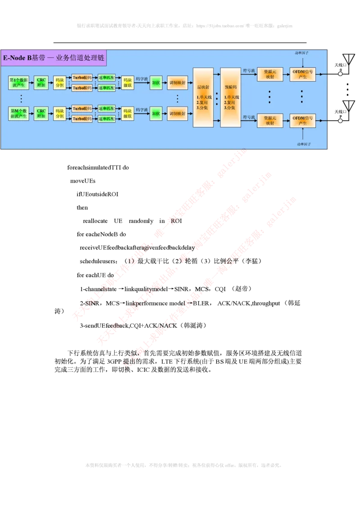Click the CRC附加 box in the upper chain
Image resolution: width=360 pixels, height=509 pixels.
point(41,83)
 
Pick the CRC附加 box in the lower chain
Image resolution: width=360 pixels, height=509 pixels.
point(41,114)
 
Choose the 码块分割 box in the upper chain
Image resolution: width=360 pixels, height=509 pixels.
point(59,83)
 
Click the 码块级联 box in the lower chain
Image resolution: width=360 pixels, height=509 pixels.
point(128,114)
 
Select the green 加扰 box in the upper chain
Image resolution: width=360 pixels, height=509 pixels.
point(156,83)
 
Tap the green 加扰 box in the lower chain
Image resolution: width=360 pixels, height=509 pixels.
point(156,114)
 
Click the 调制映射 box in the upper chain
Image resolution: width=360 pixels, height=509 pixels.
point(177,83)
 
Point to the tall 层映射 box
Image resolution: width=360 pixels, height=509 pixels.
point(203,98)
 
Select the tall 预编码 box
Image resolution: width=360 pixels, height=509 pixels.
point(230,98)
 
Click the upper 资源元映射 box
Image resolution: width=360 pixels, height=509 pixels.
point(270,75)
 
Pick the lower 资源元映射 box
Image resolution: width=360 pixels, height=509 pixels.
point(270,121)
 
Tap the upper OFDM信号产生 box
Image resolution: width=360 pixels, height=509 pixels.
point(302,75)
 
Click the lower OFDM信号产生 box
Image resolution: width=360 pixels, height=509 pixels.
point(302,121)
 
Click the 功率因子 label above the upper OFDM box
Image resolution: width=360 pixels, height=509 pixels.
point(302,53)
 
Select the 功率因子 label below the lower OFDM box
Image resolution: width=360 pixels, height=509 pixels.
point(304,143)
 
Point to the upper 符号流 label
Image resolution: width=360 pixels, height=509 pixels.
point(249,71)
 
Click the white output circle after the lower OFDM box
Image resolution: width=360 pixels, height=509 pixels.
point(341,121)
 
